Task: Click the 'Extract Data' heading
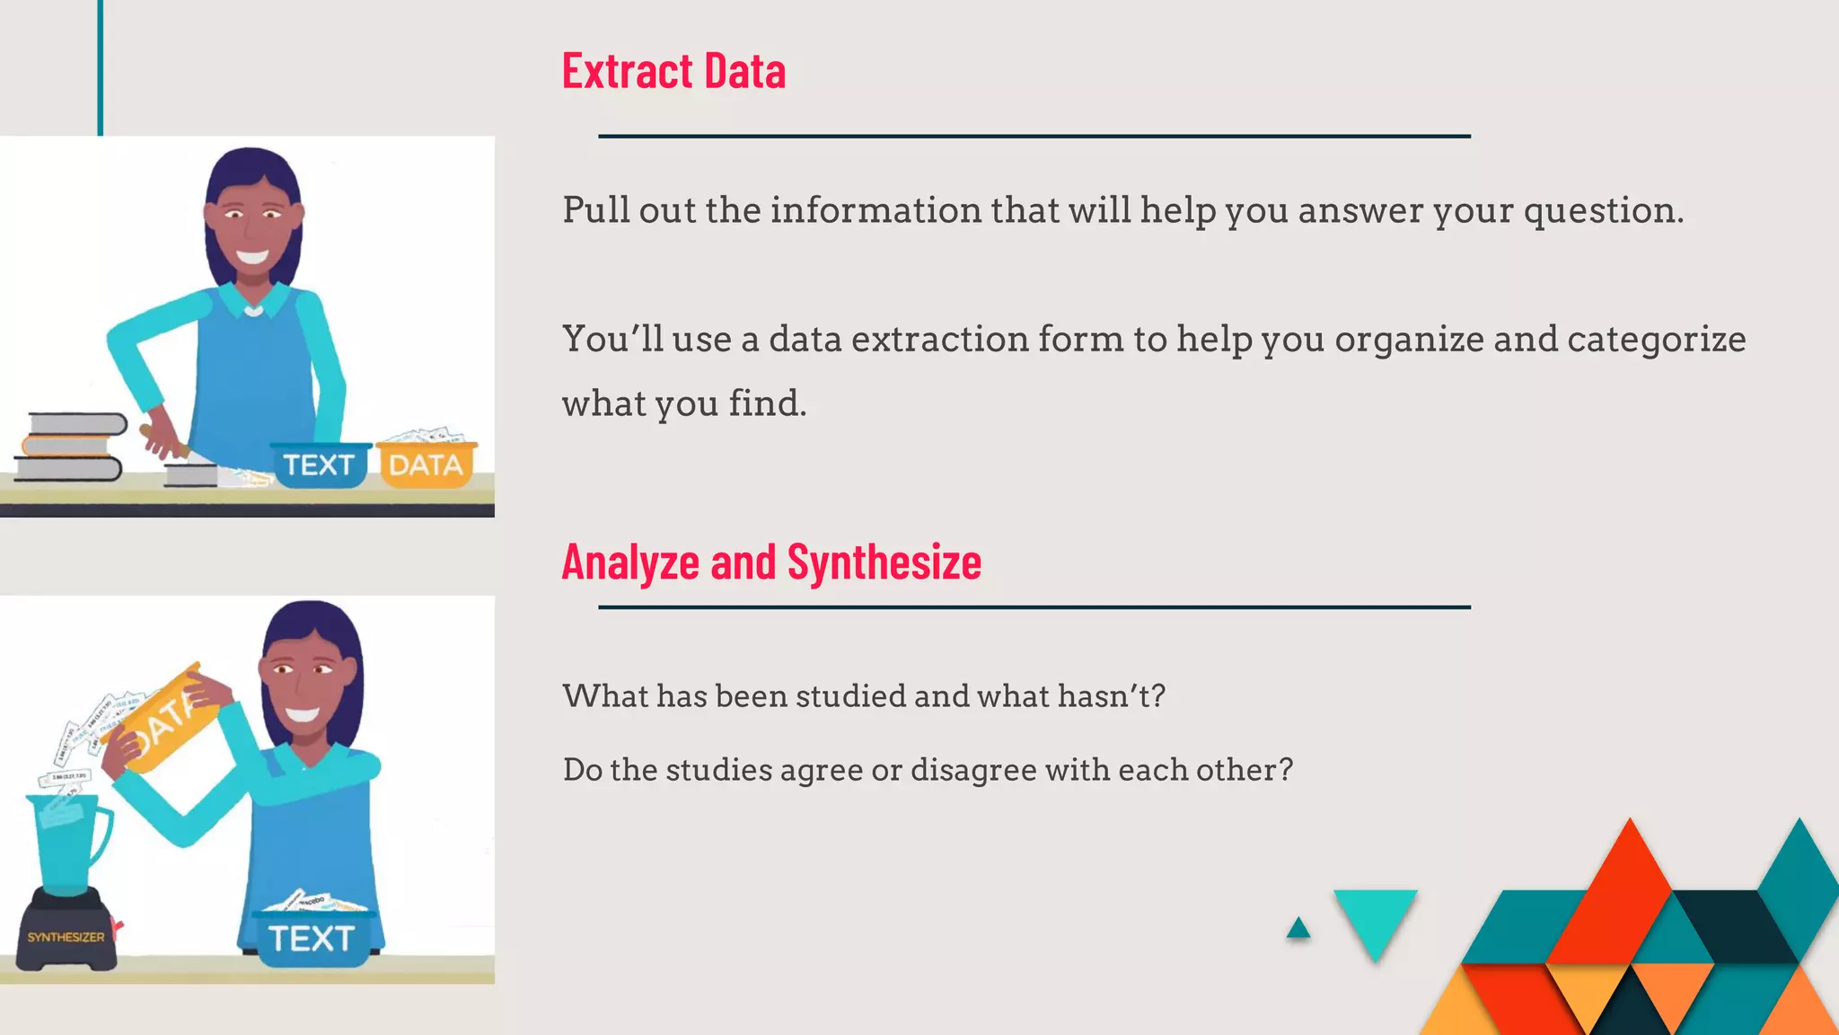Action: click(x=673, y=71)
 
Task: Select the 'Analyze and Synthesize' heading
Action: click(x=771, y=562)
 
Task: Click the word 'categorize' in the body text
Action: click(x=1656, y=340)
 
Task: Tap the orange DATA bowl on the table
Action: click(x=426, y=463)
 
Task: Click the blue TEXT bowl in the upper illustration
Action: click(x=320, y=464)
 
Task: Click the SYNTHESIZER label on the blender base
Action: click(x=66, y=937)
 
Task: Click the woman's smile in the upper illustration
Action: click(x=251, y=257)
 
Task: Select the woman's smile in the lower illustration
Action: click(x=303, y=715)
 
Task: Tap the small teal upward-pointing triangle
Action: click(x=1298, y=928)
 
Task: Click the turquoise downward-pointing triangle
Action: click(x=1375, y=919)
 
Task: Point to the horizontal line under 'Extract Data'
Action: click(x=1034, y=137)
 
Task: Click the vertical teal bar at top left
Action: click(x=101, y=67)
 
